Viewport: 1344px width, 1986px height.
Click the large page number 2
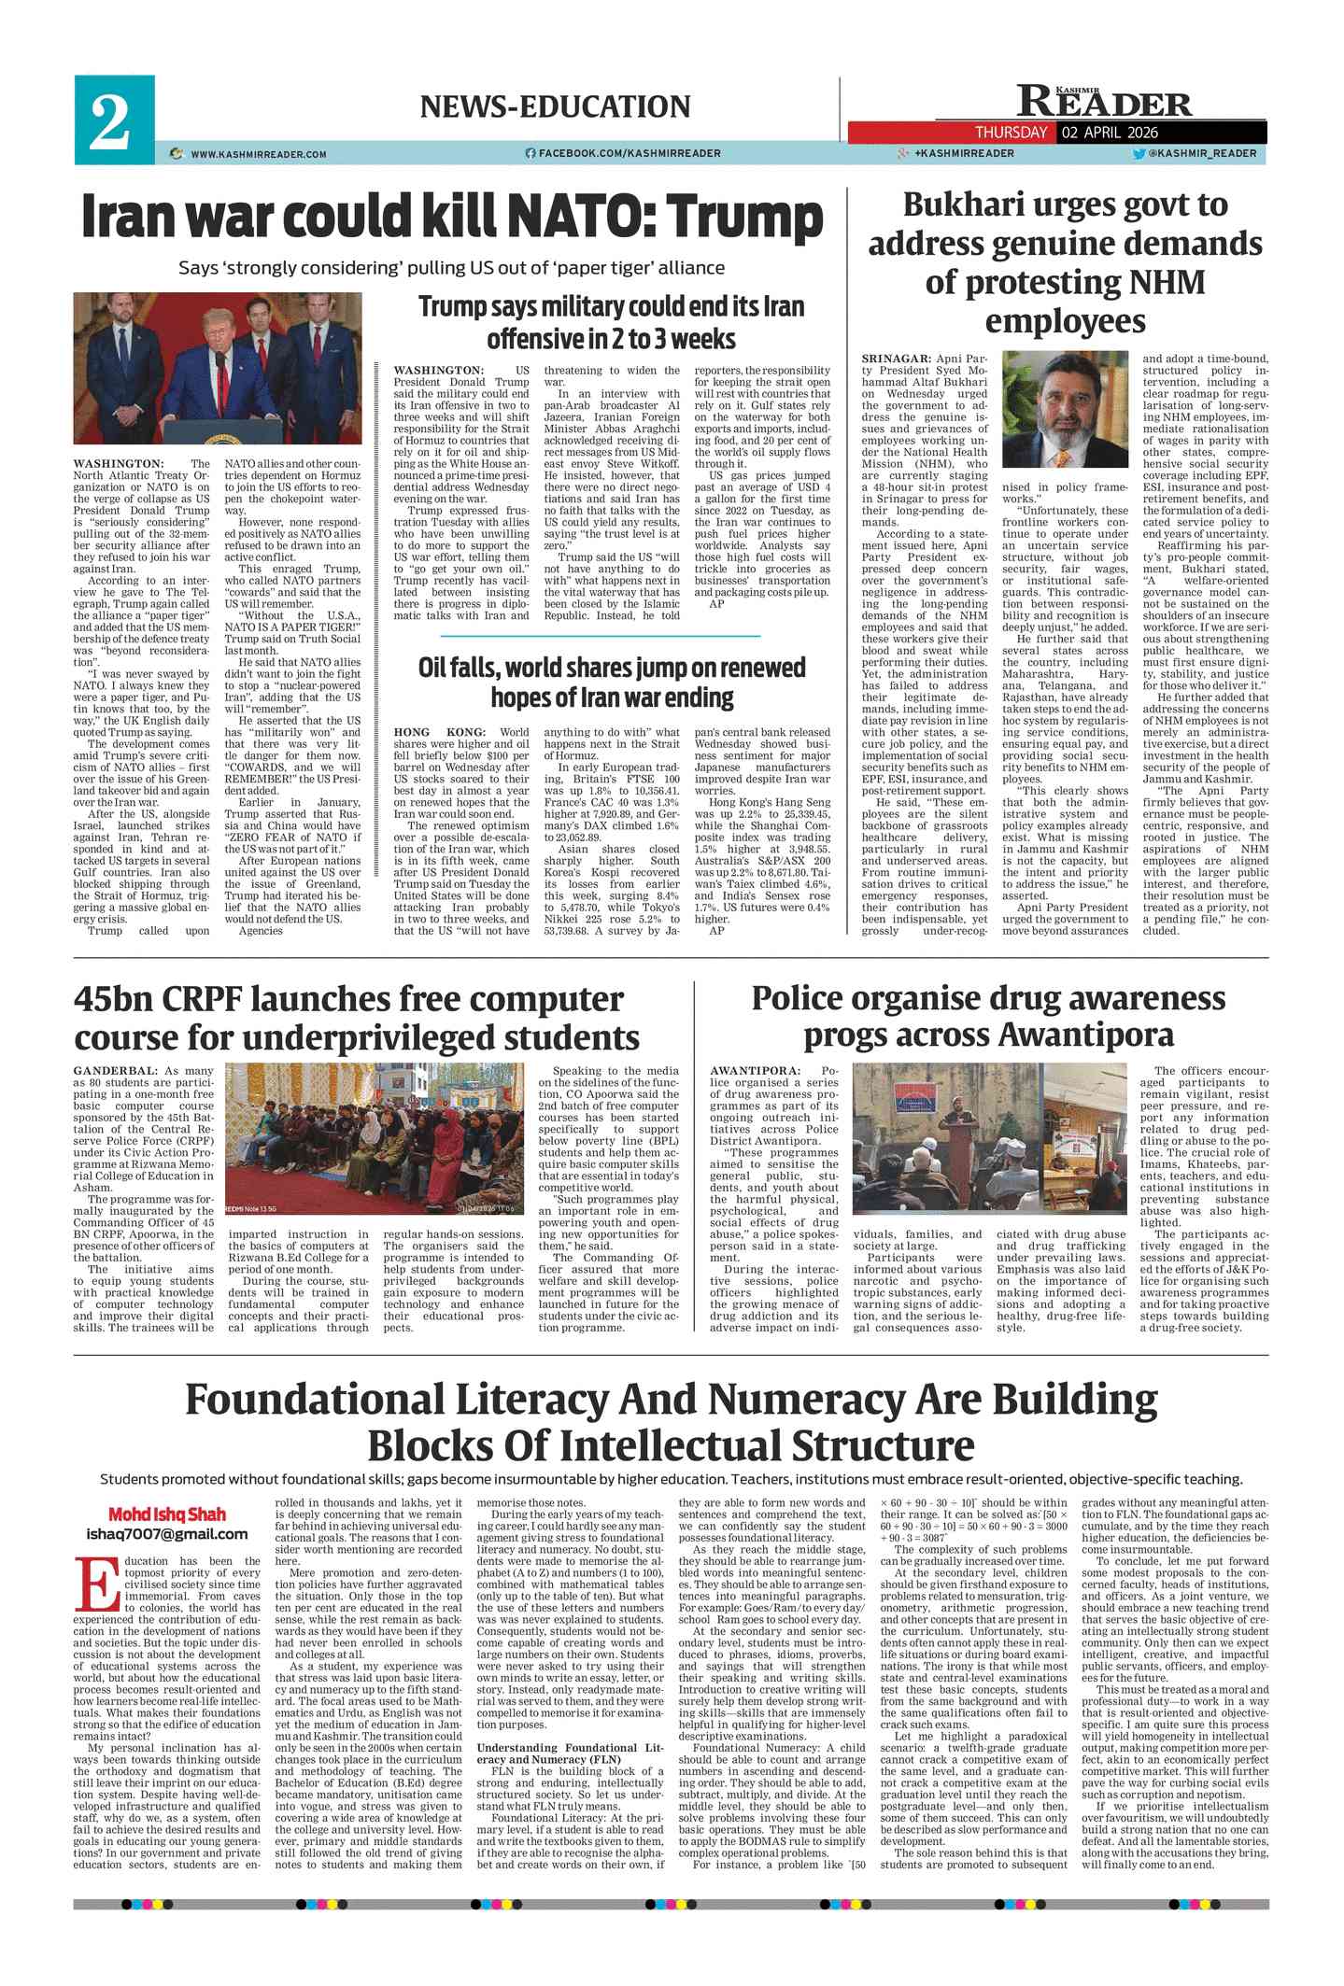point(110,122)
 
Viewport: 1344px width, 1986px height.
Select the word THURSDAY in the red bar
point(1011,133)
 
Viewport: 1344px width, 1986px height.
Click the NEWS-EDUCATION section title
point(555,106)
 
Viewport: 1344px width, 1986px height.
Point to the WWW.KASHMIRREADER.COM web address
point(258,154)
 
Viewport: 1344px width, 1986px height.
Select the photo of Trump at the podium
point(218,368)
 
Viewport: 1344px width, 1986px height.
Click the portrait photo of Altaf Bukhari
point(1065,409)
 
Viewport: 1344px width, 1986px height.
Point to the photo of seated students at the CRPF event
point(375,1138)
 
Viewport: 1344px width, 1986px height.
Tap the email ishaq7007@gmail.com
point(167,1533)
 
